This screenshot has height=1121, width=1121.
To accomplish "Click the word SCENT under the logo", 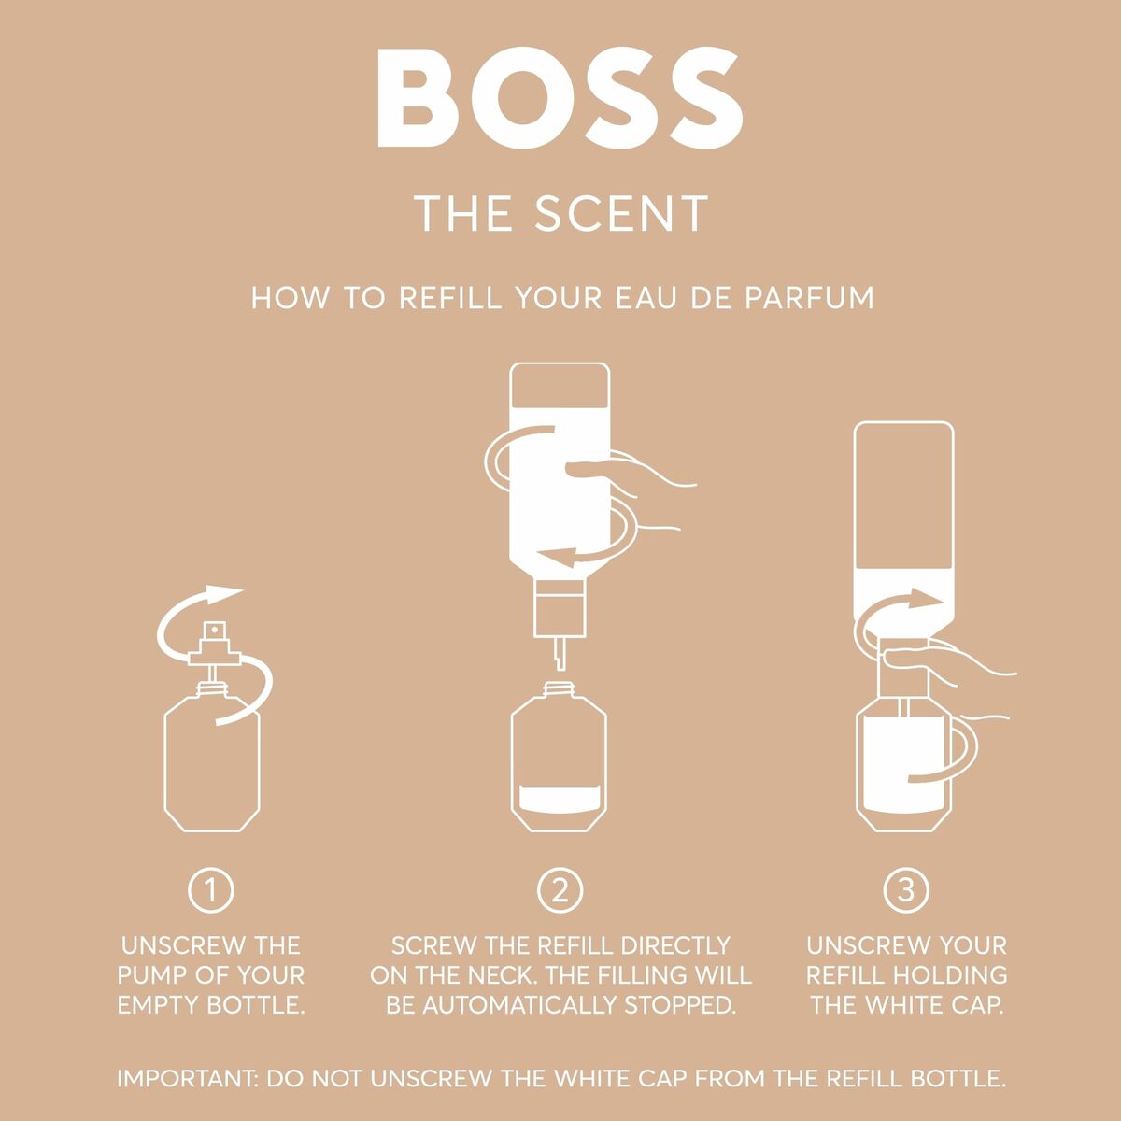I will (621, 214).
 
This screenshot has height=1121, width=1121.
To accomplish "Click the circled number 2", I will (560, 891).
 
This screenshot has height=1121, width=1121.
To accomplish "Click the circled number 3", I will (905, 891).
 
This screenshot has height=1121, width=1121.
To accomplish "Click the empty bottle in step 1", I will (212, 766).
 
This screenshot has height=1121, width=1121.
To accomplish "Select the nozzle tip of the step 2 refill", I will (559, 654).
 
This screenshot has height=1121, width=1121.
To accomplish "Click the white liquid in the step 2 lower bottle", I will (560, 800).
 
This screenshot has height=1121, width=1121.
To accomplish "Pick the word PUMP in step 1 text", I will (157, 975).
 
